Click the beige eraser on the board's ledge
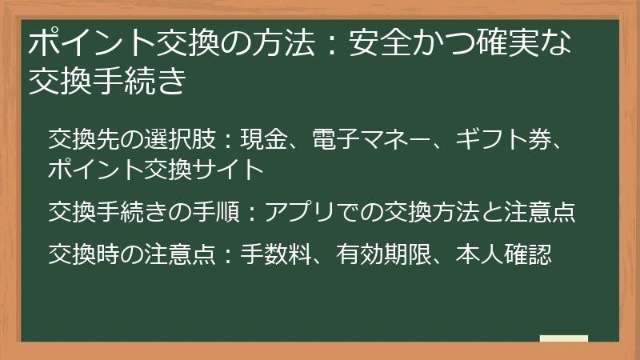564,340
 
